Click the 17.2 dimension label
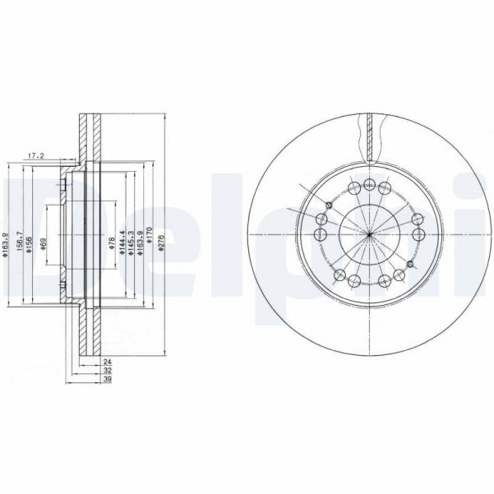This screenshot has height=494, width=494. [x=35, y=155]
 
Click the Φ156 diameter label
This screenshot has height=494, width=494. [x=30, y=245]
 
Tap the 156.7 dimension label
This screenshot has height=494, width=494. [x=19, y=244]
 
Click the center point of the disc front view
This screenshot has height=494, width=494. [x=370, y=235]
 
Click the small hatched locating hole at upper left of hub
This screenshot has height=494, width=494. [x=328, y=204]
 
